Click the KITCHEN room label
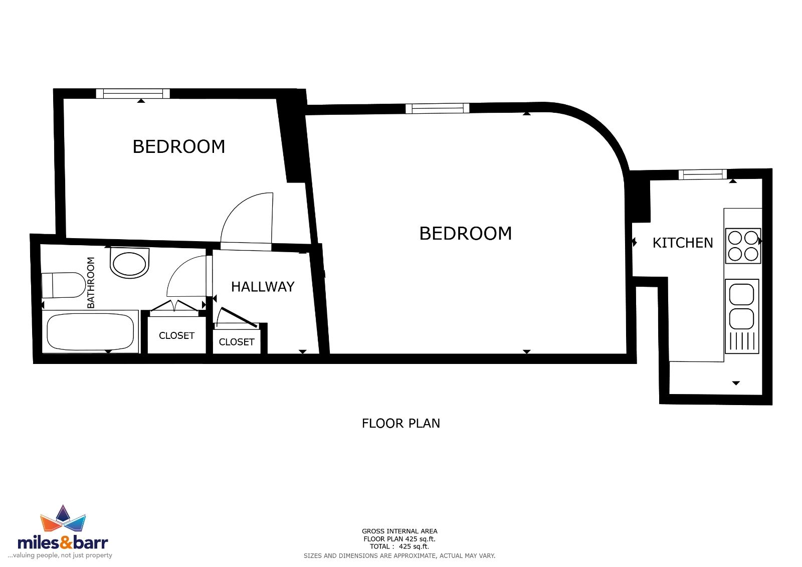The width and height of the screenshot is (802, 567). [x=682, y=243]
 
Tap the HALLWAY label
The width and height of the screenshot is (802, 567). [x=263, y=287]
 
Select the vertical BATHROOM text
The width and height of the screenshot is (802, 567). [x=91, y=283]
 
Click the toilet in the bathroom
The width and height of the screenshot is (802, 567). [x=63, y=285]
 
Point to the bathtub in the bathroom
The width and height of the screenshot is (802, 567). [x=90, y=332]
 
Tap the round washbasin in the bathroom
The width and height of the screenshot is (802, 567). [x=129, y=263]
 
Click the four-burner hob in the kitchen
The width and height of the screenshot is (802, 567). [x=743, y=246]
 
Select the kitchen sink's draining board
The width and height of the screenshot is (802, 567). [x=742, y=341]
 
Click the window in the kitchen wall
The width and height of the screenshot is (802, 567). [x=702, y=174]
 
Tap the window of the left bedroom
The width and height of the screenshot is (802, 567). [x=133, y=93]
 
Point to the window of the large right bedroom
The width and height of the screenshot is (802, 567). [x=437, y=108]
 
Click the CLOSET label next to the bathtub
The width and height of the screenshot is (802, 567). [x=176, y=335]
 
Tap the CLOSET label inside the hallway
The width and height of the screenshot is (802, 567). [x=236, y=342]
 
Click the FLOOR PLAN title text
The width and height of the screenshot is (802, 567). [x=400, y=423]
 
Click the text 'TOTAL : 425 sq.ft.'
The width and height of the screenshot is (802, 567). [x=399, y=546]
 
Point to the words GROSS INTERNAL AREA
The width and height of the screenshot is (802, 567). [x=399, y=531]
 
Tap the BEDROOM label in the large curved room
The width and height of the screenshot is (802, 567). [x=466, y=234]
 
